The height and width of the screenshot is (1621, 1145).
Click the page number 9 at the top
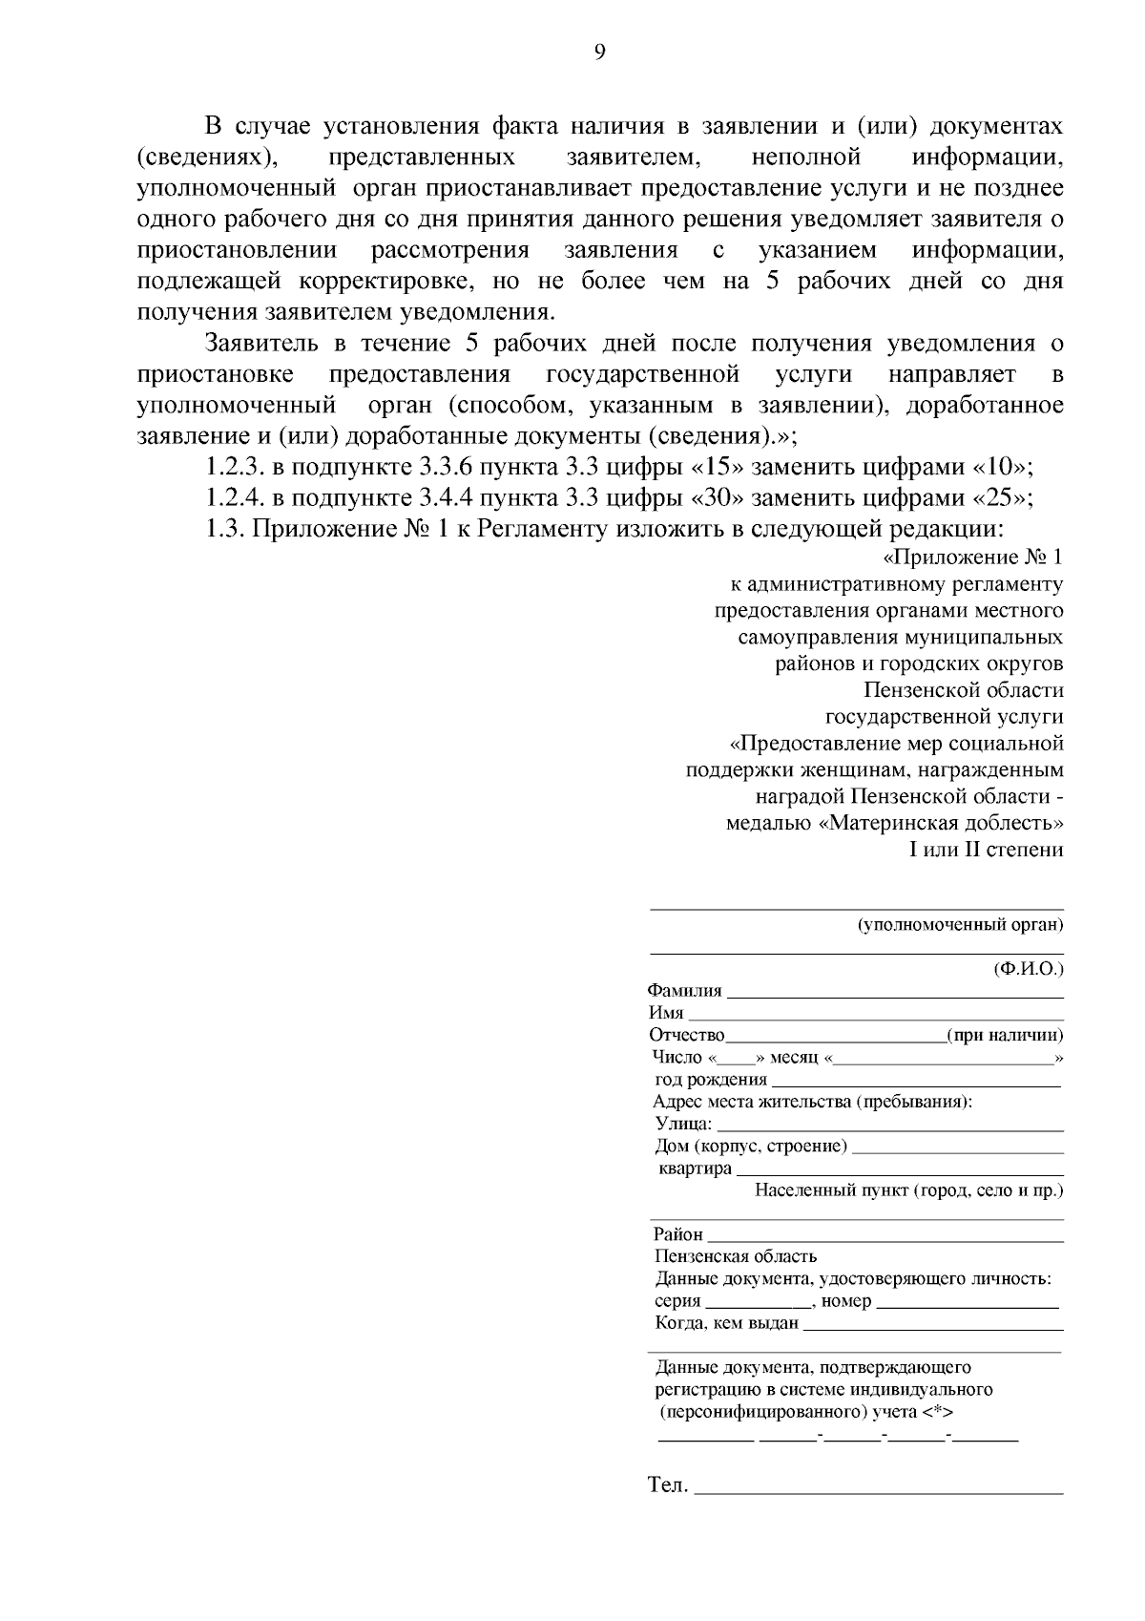click(599, 53)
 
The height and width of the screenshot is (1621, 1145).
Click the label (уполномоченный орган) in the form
click(960, 924)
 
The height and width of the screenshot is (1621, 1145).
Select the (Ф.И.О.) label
click(1029, 968)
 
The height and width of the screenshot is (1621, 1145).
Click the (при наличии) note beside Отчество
click(1005, 1036)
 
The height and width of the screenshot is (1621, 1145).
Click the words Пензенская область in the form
click(736, 1256)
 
